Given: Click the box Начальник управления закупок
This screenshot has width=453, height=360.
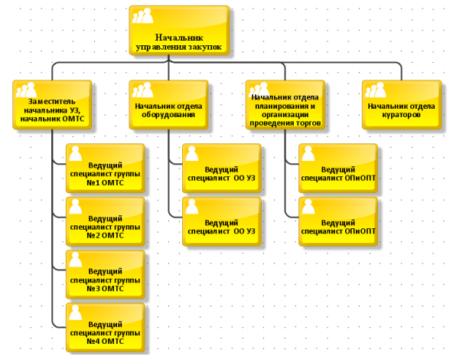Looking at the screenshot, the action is tap(179, 30).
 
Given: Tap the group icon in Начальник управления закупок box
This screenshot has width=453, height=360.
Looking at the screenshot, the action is tap(142, 15).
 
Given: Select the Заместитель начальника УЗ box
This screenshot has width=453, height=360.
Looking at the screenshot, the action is tap(52, 105).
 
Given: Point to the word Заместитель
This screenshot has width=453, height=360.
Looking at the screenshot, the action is tap(52, 102).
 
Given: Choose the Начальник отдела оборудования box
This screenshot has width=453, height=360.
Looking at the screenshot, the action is tap(168, 105).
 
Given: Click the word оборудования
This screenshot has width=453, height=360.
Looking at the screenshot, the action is tap(168, 115).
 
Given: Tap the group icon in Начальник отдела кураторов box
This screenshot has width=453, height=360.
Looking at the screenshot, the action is tap(375, 90).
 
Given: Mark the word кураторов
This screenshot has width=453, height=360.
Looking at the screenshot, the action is tap(401, 115).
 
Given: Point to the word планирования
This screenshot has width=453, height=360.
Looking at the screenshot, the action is tap(285, 106).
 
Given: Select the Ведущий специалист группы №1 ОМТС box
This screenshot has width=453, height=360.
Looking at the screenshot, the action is tap(106, 169).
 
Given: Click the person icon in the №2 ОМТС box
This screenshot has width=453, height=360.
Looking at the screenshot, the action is tap(76, 207).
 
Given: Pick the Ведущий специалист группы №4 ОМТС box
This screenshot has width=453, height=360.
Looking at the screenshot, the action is tap(106, 328).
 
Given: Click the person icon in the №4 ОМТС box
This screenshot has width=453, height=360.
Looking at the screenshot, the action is tap(76, 313).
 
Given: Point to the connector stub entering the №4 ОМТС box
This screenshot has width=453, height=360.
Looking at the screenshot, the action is tap(59, 327).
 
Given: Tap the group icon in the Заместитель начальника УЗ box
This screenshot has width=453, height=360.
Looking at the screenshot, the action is tap(26, 90).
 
